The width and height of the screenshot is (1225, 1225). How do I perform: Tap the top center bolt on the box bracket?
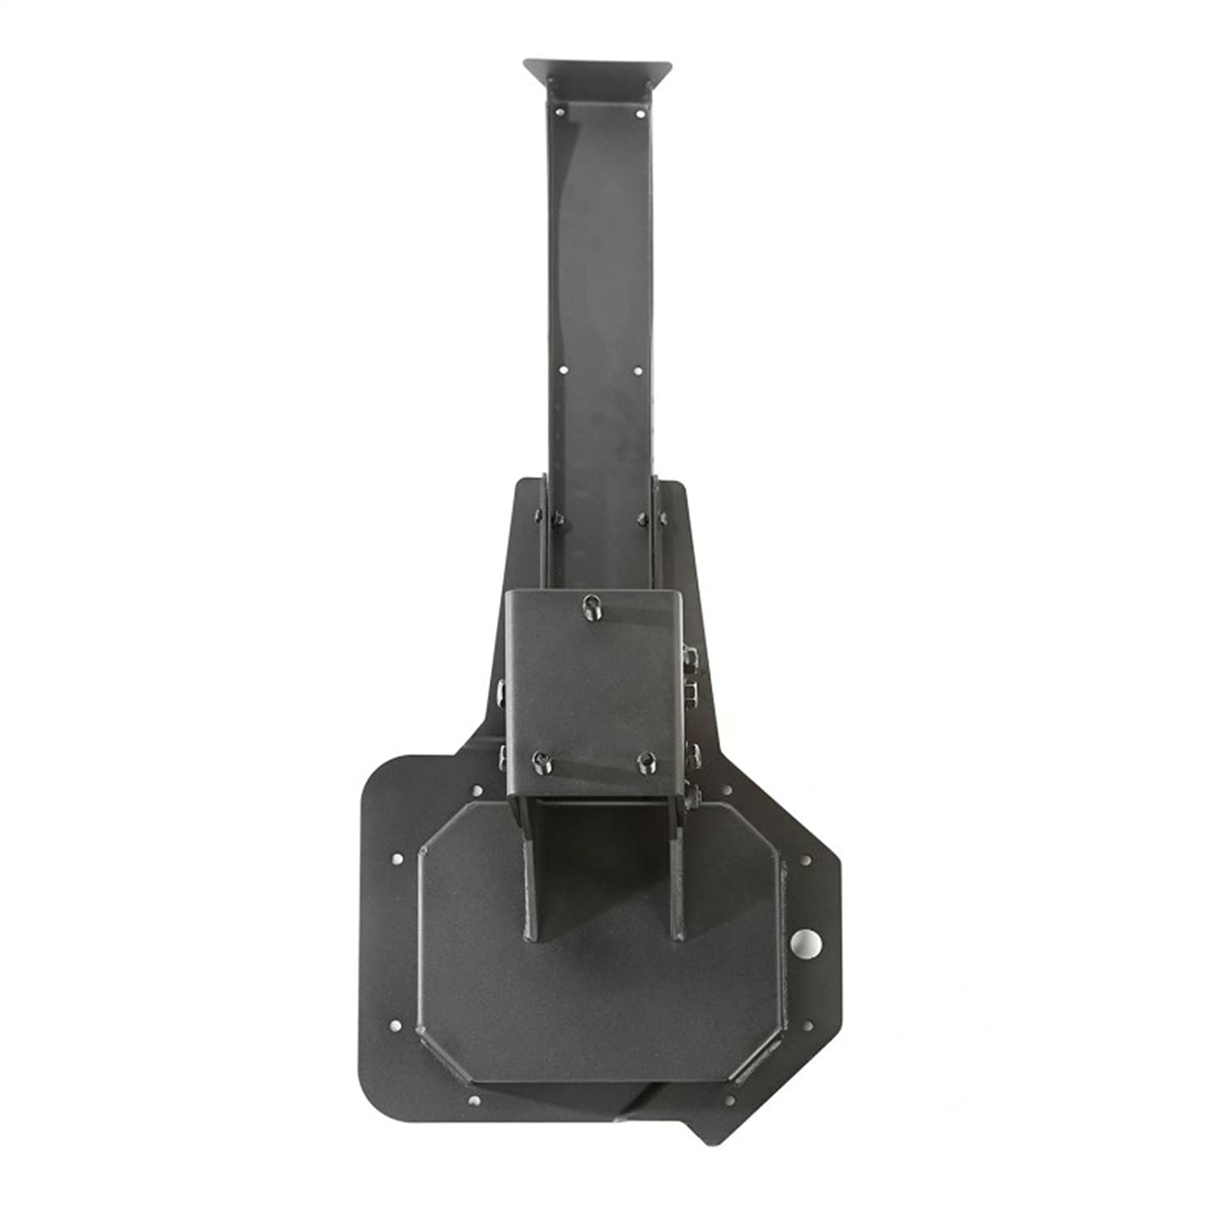coord(590,606)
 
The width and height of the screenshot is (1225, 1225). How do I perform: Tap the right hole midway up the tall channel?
coord(638,371)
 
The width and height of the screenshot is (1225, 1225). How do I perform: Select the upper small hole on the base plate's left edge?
coord(395,860)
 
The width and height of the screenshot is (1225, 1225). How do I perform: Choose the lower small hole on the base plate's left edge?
coord(395,1025)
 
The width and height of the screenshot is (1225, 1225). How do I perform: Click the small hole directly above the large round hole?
coord(807,861)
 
